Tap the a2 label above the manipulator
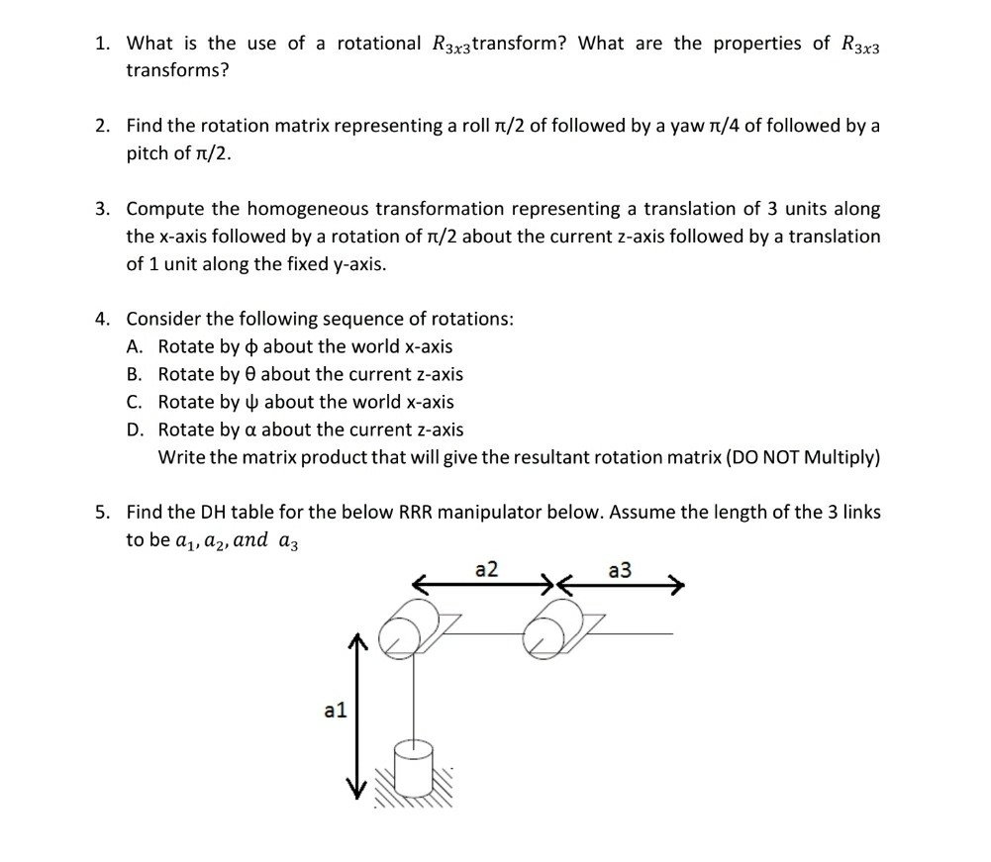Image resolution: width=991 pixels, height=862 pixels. coord(487,570)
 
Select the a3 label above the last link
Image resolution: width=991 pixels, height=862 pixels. coord(621,570)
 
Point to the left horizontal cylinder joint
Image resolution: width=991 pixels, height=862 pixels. coord(407,631)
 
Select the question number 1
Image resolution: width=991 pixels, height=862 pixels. coord(102,44)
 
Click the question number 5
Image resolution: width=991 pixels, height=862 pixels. coord(102,513)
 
